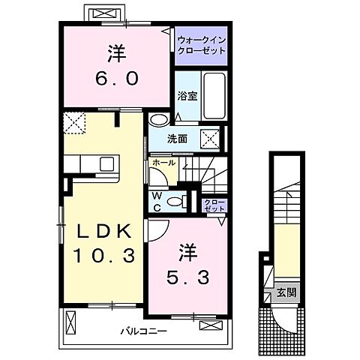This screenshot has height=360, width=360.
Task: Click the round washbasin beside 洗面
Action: [160, 120]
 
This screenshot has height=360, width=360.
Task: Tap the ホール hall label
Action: [163, 162]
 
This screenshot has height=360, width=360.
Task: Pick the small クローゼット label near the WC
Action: [214, 203]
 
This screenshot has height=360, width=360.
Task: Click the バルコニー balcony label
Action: [140, 331]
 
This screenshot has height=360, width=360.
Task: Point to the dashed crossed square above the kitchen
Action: [72, 122]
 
